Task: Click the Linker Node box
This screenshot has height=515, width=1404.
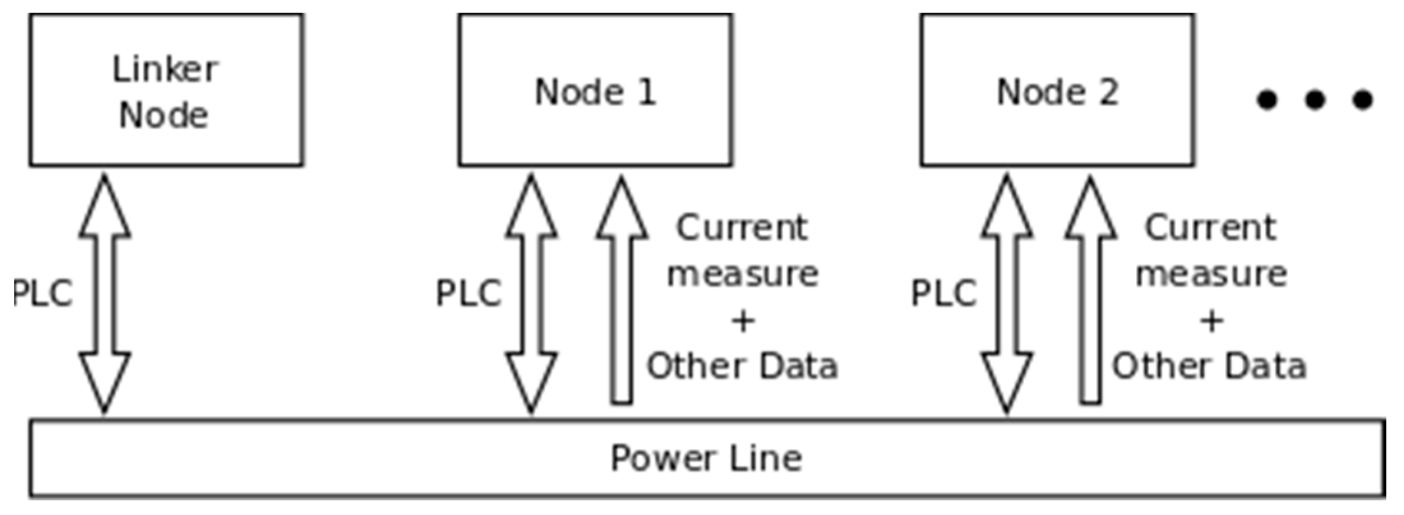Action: [166, 90]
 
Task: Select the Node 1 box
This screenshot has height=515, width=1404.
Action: [595, 90]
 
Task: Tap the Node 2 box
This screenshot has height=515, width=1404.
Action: [1057, 90]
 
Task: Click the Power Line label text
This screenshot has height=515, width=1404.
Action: [706, 458]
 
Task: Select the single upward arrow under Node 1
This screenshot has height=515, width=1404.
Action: [622, 293]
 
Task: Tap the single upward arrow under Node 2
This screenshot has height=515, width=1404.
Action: [1091, 293]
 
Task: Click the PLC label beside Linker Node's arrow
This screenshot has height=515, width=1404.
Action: [43, 294]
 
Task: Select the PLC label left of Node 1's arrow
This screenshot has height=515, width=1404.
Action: [468, 294]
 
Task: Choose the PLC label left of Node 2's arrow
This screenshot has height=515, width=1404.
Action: [943, 294]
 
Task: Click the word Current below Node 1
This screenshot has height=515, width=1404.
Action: [742, 228]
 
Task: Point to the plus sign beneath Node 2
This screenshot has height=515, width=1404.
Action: [1211, 320]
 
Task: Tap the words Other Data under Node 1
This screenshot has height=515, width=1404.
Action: [742, 366]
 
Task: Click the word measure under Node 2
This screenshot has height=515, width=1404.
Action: [1211, 274]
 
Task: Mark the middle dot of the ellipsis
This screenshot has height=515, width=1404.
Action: [1315, 100]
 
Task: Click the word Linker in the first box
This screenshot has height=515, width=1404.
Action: [166, 69]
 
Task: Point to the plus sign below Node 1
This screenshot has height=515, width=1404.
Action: [743, 320]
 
